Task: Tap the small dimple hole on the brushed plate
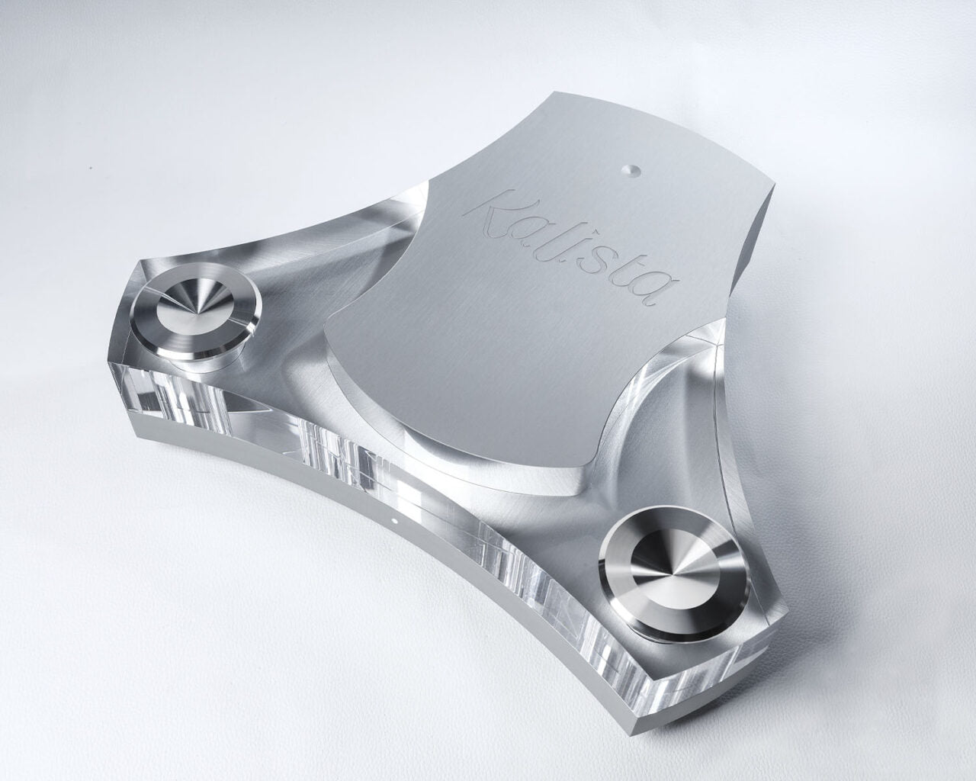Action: (x=628, y=171)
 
